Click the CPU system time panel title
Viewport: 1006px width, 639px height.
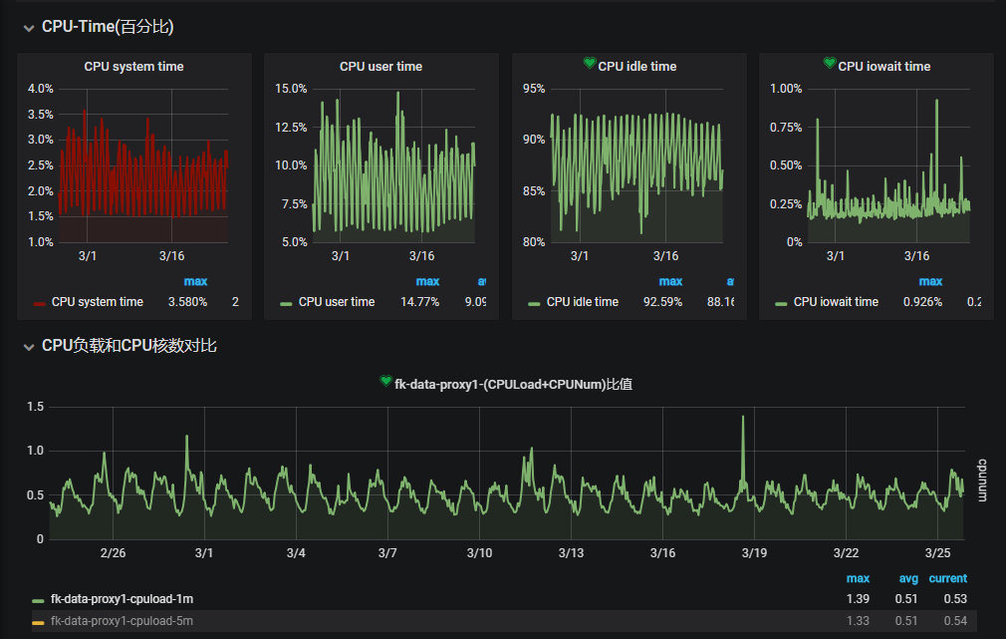(133, 67)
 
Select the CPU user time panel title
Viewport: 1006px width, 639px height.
(380, 67)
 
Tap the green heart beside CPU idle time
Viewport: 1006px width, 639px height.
(590, 64)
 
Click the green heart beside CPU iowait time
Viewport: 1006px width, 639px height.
(830, 64)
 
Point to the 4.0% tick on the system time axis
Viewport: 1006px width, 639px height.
(41, 89)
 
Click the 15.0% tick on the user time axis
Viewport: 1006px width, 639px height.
(291, 89)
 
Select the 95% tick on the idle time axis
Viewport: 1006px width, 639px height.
(533, 89)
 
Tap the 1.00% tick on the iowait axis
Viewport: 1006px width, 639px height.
(786, 89)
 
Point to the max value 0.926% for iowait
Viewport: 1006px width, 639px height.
(922, 302)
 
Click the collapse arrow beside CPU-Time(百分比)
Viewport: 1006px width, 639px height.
(28, 28)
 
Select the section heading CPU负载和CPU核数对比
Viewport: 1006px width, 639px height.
(129, 346)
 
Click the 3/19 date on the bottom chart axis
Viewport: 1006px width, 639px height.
(755, 553)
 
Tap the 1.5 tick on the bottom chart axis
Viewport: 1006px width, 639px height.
(35, 407)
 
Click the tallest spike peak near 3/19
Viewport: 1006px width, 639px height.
(743, 418)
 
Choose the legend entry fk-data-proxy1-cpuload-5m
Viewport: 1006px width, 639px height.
(122, 621)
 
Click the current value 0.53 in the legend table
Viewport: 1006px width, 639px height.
(955, 599)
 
